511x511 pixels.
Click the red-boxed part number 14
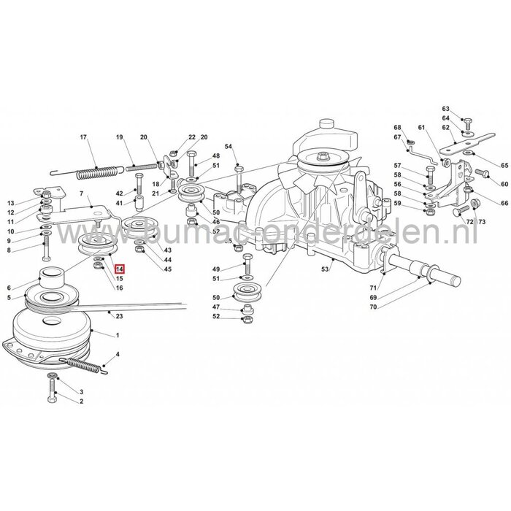click(118, 269)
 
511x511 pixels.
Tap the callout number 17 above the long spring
click(83, 137)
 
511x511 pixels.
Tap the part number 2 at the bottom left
click(81, 401)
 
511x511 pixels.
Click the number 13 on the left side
click(10, 203)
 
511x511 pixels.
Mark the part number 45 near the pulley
click(167, 269)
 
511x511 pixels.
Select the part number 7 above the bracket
click(83, 196)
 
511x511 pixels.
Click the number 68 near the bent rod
click(398, 127)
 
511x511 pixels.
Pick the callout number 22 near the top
click(193, 137)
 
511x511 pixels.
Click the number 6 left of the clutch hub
click(9, 286)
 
